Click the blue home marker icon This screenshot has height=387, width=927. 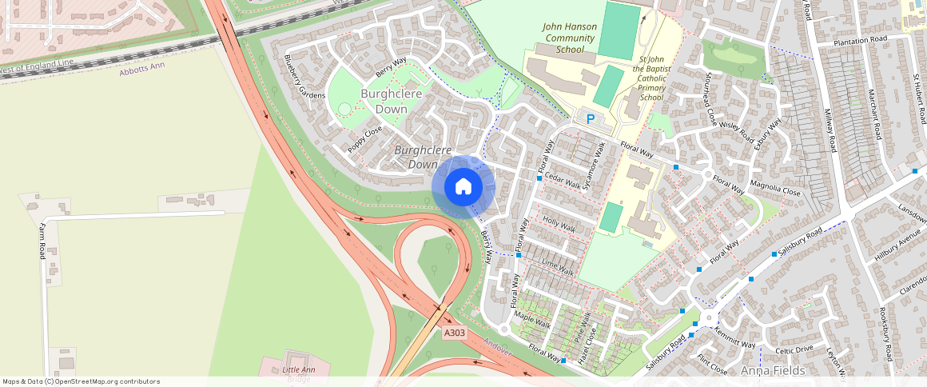point(463,187)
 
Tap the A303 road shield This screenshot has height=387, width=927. point(454,333)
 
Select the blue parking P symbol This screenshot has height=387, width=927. point(591,119)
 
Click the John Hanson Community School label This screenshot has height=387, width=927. point(569,38)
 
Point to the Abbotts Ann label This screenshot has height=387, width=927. point(141,66)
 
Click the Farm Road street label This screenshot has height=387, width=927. point(42,241)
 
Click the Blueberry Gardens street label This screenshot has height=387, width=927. point(304,77)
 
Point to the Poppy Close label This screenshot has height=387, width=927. point(365,140)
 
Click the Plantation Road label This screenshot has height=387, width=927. point(860,40)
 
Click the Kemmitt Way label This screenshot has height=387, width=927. point(734,338)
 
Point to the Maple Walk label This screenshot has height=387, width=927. point(532,321)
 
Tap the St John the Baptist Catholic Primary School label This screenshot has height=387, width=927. point(650,78)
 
